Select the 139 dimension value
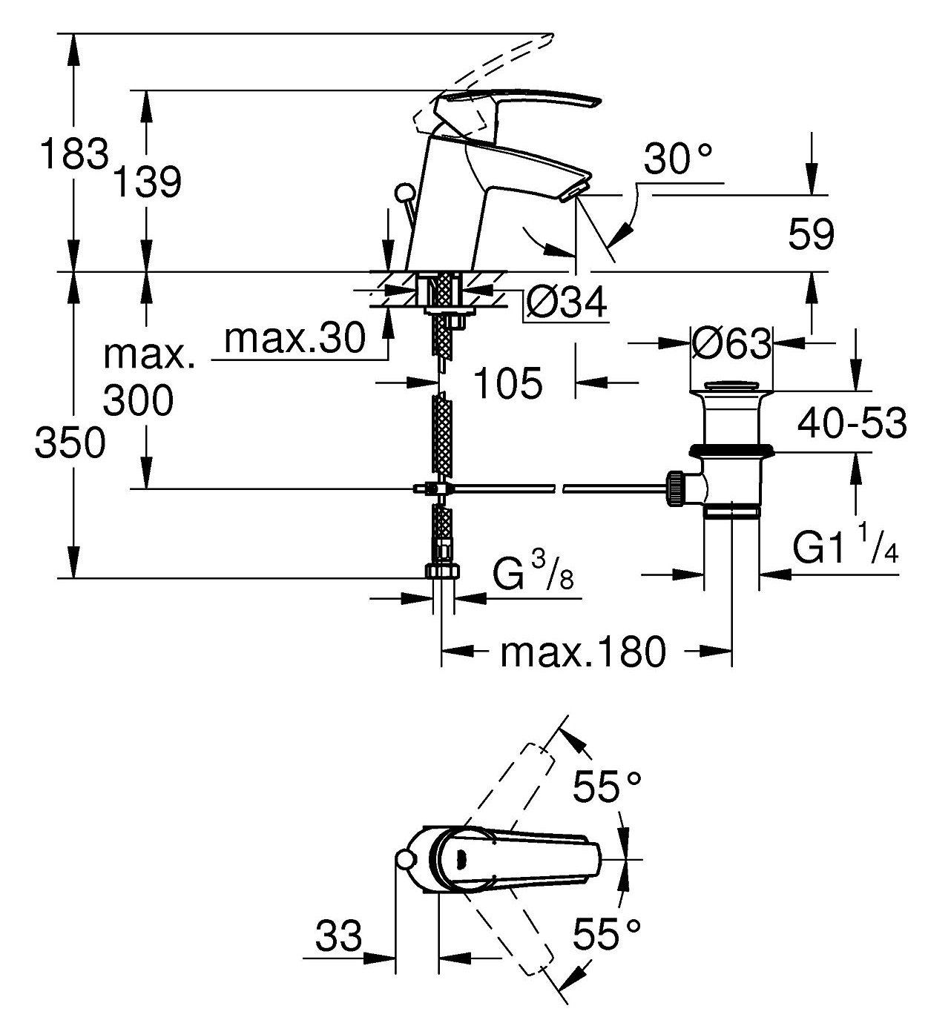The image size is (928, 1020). click(148, 182)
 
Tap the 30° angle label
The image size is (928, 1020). click(678, 159)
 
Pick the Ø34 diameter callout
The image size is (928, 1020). click(566, 302)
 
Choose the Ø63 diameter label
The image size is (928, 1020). click(731, 343)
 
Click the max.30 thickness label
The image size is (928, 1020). click(295, 339)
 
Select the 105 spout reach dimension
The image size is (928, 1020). click(508, 383)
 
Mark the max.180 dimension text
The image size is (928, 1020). click(583, 652)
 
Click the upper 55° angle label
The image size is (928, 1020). click(606, 786)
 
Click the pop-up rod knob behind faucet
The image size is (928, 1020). click(405, 194)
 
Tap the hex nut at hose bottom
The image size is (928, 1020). click(442, 572)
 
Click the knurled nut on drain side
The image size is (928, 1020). click(677, 489)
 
